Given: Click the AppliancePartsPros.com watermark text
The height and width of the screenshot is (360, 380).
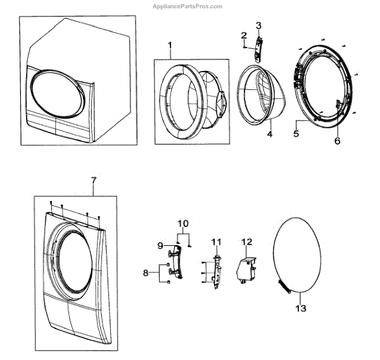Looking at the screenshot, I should (188, 6).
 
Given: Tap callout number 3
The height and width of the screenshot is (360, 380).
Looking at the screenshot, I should (258, 25).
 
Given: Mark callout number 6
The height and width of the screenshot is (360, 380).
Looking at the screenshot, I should (338, 141).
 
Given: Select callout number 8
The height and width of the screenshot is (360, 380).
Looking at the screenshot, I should (146, 273).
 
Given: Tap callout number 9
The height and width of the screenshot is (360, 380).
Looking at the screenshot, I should (160, 245).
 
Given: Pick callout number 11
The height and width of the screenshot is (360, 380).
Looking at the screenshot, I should (215, 241).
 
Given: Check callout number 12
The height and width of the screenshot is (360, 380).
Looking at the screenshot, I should (247, 241).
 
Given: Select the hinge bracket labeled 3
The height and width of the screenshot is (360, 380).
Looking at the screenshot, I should (258, 49).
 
